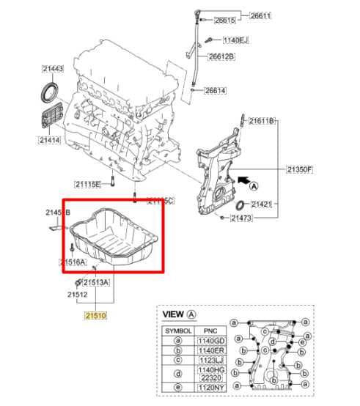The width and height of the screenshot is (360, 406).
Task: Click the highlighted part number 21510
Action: [95, 315]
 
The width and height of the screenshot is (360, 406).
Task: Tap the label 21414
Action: [50, 139]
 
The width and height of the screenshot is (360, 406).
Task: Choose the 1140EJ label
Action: [237, 40]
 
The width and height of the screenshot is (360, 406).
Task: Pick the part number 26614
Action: [216, 91]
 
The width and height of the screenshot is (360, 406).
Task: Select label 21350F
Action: [299, 169]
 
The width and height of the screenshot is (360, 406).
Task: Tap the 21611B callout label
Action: [260, 120]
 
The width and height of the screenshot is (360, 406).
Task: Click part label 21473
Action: [242, 218]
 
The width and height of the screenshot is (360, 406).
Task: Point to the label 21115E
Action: [88, 184]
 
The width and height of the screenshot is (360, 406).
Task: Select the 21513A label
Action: [96, 282]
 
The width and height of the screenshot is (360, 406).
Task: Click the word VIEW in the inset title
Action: [173, 314]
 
